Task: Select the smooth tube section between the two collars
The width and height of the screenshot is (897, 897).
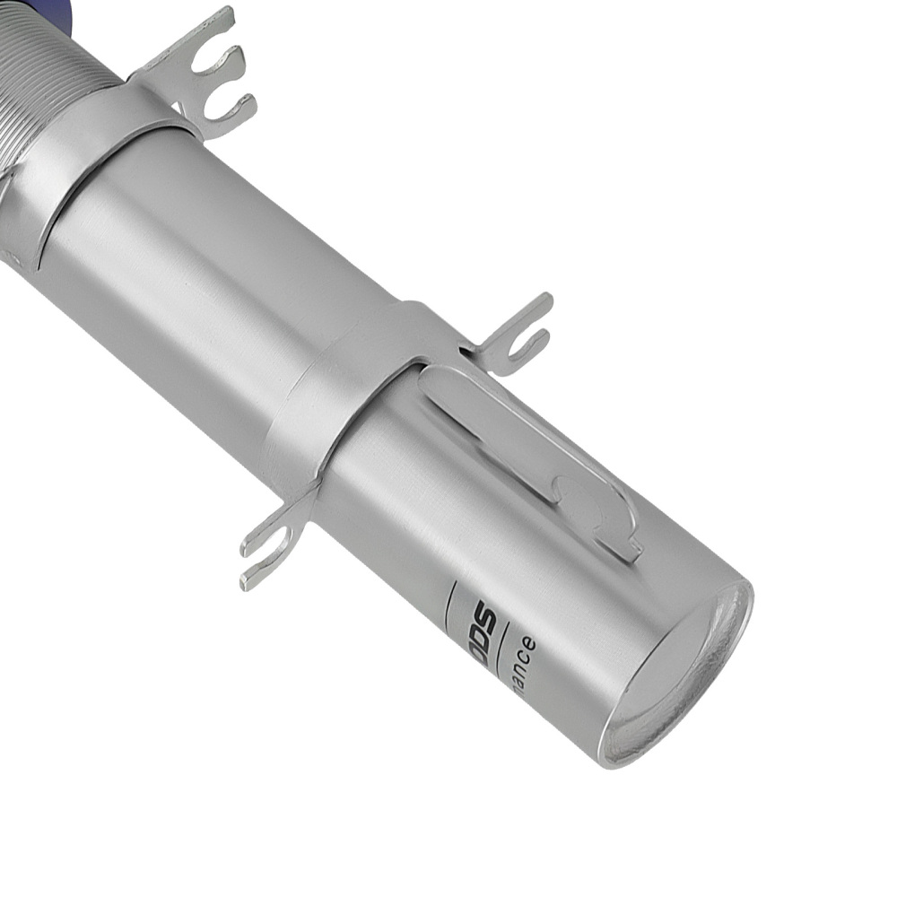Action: click(224, 287)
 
